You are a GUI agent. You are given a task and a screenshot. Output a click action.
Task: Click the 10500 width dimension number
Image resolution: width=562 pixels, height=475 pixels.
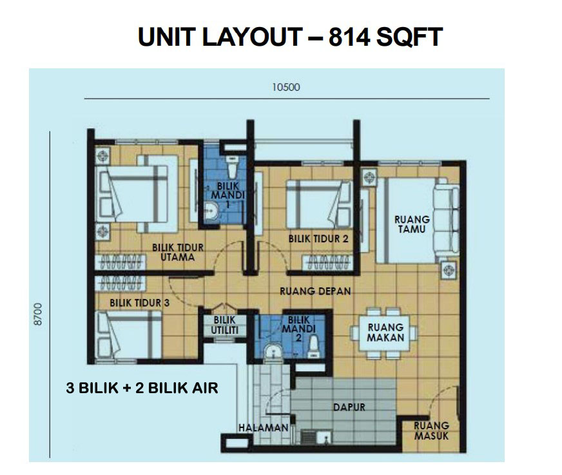point(286,87)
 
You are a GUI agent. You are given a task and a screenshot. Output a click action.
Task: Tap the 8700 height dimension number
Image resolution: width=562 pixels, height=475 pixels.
point(37,315)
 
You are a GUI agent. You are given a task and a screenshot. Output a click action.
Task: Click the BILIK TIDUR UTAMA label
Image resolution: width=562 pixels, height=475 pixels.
point(178,252)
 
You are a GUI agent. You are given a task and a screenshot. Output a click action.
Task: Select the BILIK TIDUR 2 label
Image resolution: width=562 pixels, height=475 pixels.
point(318,238)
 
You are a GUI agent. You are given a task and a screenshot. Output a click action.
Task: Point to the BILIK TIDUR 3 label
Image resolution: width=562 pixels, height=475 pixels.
point(139,303)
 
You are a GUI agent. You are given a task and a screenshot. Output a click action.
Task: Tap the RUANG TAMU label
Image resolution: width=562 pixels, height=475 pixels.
point(412,224)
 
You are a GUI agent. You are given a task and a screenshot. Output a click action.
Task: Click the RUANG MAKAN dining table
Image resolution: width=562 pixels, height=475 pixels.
point(384,333)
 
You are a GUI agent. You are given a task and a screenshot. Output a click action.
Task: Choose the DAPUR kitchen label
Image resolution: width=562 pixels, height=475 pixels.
point(349,407)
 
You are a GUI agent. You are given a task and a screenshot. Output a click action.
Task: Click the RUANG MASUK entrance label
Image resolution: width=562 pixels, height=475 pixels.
point(431,431)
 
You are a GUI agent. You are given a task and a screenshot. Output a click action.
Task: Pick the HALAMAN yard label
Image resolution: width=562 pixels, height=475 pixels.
point(264,428)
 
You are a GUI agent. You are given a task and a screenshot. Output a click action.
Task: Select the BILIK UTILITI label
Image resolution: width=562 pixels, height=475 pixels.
point(225,325)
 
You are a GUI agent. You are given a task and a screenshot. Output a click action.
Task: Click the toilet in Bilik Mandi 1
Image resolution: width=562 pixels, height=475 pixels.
point(233,167)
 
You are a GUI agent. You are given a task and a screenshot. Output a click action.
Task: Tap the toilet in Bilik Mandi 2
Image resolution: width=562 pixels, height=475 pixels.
point(314,347)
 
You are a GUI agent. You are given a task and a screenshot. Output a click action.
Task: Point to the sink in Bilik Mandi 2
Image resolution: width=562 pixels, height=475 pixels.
point(273,352)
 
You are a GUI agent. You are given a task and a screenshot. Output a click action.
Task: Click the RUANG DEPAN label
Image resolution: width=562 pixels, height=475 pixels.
point(315,291)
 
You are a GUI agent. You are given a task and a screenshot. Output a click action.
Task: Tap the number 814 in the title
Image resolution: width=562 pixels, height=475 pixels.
point(349,37)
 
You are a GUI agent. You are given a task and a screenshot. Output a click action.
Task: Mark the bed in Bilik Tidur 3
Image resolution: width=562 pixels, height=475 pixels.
point(130,334)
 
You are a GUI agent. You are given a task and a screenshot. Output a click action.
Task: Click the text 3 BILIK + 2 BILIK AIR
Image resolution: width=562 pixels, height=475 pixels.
point(142,388)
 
